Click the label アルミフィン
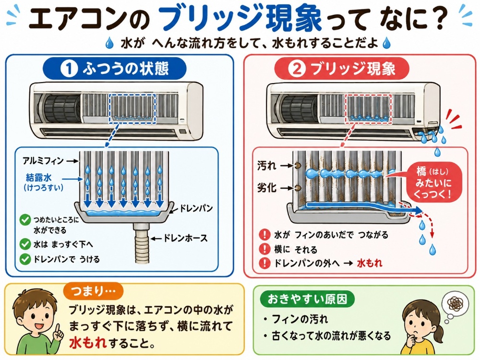[x=43, y=161]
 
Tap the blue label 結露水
[x=39, y=178]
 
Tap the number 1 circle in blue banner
[x=69, y=69]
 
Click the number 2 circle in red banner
[x=297, y=69]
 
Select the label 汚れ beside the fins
[x=267, y=166]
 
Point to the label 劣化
[x=267, y=188]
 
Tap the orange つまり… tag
[x=94, y=291]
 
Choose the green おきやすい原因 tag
[x=307, y=299]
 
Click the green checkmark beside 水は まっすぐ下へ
[x=25, y=244]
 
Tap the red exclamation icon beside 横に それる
[x=264, y=249]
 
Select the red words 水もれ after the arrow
[x=370, y=263]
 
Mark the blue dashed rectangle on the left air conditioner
[x=133, y=108]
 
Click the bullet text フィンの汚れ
[x=300, y=319]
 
